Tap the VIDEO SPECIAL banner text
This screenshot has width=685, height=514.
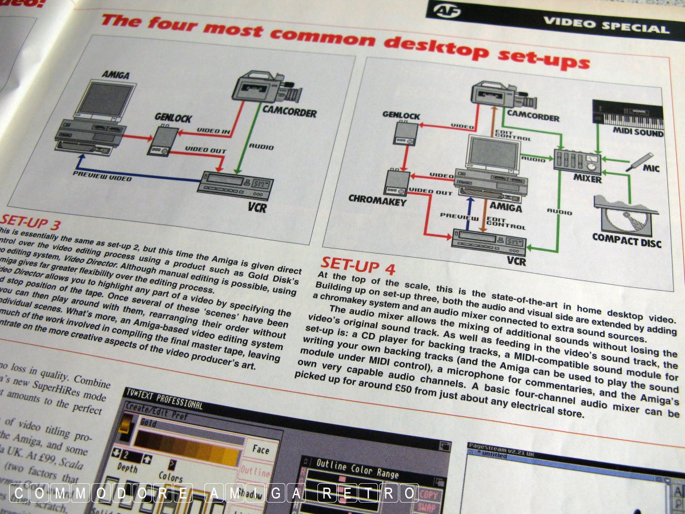(x=606, y=26)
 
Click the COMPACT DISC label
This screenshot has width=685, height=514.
(x=626, y=240)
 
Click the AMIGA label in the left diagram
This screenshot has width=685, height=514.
(x=116, y=75)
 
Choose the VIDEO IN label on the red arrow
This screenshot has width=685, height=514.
(x=214, y=132)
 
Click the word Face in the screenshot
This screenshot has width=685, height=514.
(x=260, y=450)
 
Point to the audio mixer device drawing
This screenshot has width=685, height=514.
(x=577, y=160)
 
